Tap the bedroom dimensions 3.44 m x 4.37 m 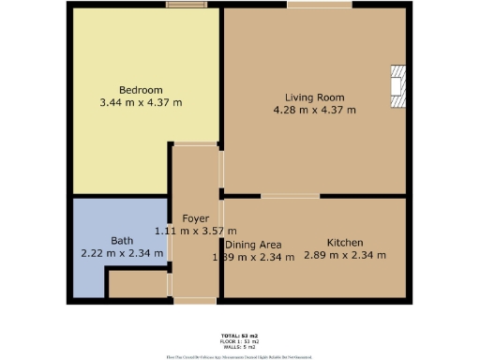(x=140, y=102)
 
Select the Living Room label (x=314, y=97)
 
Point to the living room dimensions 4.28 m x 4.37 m (x=314, y=110)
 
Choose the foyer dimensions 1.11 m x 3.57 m (x=195, y=230)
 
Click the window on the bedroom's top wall (x=187, y=6)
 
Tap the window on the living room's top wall (x=320, y=6)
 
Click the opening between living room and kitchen (x=289, y=196)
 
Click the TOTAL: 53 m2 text (x=239, y=335)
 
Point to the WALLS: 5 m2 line (x=239, y=346)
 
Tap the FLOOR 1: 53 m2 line (x=239, y=340)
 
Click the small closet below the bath (x=137, y=285)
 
